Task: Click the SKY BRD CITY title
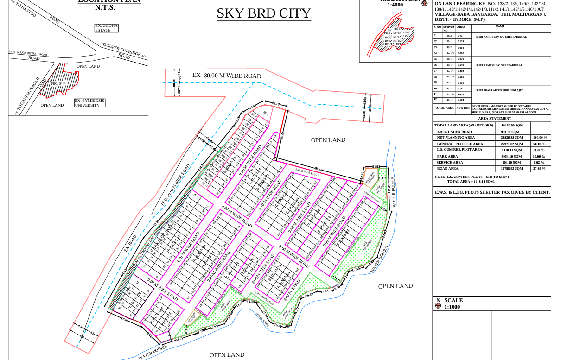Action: tap(263, 13)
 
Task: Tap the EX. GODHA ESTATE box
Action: tap(106, 28)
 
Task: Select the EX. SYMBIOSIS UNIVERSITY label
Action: tap(90, 103)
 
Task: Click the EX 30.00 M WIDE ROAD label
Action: tap(227, 76)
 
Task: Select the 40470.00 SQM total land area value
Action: tap(512, 125)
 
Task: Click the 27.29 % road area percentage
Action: tap(540, 169)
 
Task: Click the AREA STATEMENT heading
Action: tap(492, 119)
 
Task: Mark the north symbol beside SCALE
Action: tap(438, 306)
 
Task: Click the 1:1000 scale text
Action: tap(453, 307)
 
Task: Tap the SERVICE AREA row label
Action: tap(450, 163)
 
